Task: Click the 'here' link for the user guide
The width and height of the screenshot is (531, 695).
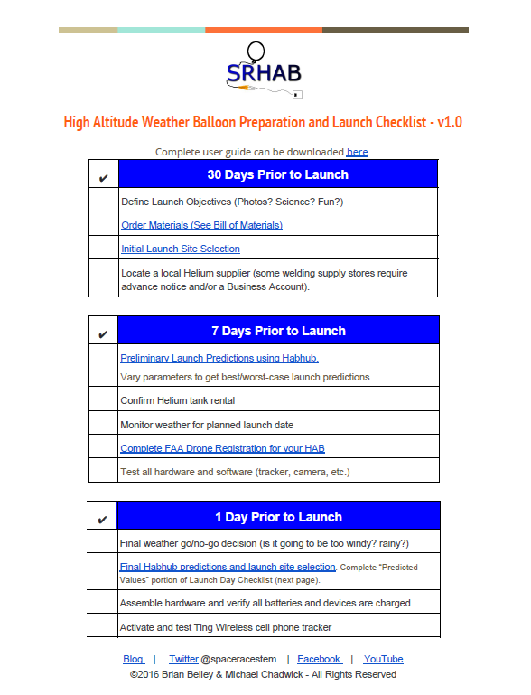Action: [x=357, y=152]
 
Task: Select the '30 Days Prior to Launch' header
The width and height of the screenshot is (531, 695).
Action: [x=277, y=174]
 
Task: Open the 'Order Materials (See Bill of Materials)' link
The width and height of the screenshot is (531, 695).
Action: [x=201, y=225]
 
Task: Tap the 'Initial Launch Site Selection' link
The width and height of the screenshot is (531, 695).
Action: [x=180, y=249]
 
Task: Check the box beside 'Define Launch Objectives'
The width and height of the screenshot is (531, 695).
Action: [x=103, y=201]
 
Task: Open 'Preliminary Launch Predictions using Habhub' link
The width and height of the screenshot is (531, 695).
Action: [x=219, y=358]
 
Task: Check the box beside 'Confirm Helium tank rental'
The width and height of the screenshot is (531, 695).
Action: [x=103, y=400]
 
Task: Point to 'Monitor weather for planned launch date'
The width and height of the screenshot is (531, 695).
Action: [x=219, y=424]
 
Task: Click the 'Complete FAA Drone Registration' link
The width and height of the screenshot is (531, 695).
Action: [x=222, y=448]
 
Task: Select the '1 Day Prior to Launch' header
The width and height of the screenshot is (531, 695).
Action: [x=278, y=517]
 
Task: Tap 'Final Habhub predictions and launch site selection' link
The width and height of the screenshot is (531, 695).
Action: [x=228, y=567]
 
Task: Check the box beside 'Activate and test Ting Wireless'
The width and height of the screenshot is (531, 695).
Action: [x=103, y=626]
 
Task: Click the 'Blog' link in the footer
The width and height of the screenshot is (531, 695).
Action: [x=133, y=659]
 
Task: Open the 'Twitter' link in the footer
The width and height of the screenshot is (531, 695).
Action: [x=183, y=659]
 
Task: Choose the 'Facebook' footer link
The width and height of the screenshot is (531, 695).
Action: [x=318, y=659]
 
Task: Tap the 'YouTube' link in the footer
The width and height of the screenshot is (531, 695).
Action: [x=383, y=659]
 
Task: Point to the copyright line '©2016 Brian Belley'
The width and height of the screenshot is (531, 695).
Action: [x=263, y=674]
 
